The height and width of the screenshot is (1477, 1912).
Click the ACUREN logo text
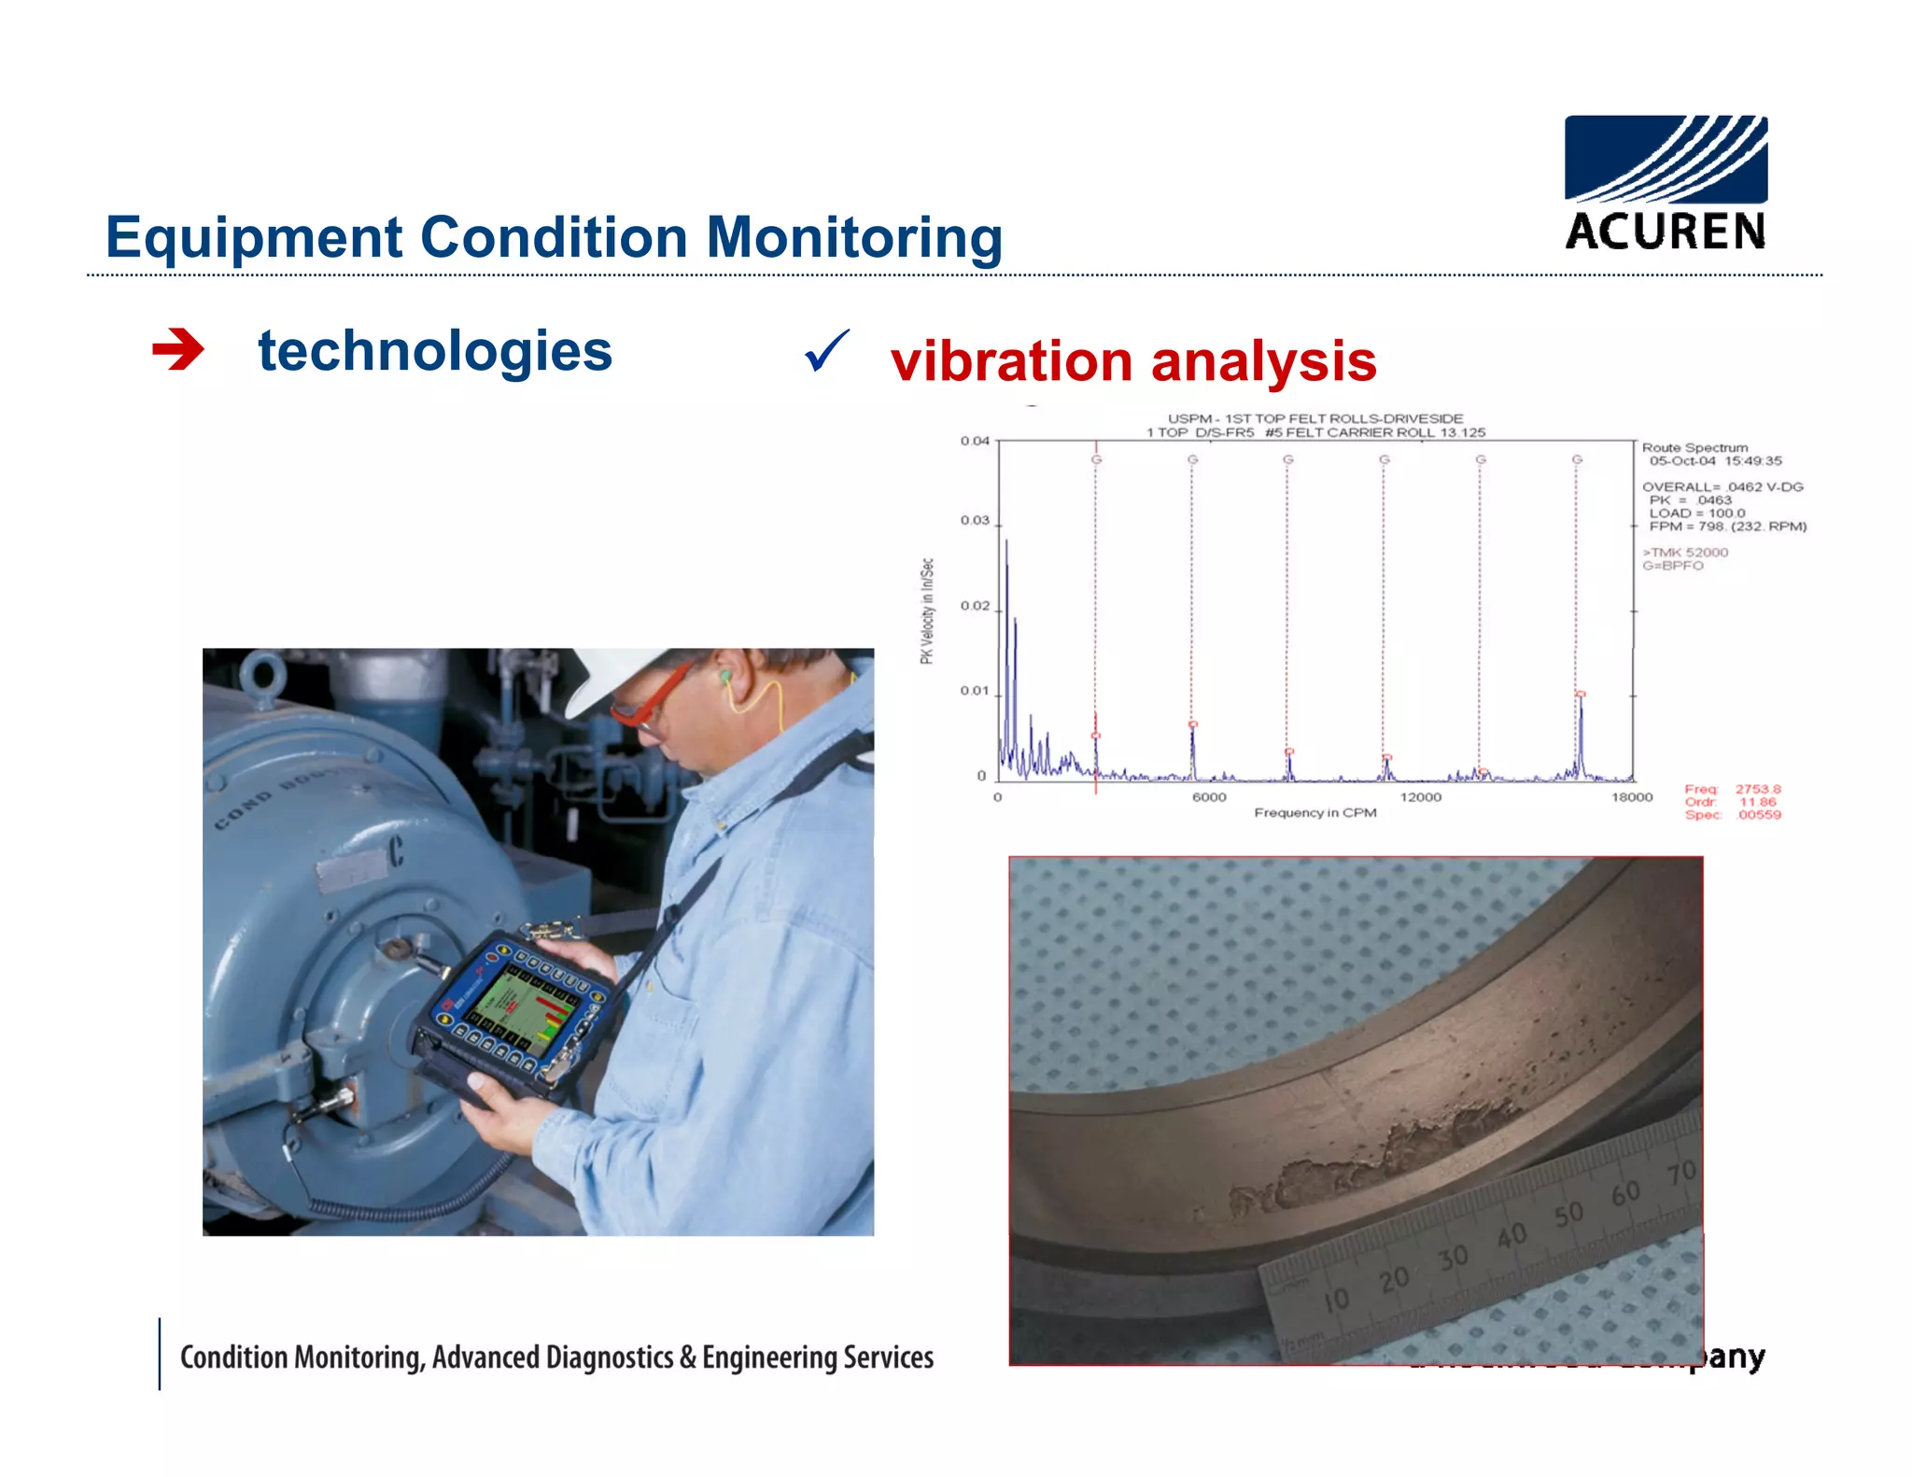1665,232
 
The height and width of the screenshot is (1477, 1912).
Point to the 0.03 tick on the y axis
975,520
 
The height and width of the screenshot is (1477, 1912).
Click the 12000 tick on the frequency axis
1420,797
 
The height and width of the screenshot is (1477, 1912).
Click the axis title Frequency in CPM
1314,813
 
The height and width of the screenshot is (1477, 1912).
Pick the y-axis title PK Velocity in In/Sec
926,612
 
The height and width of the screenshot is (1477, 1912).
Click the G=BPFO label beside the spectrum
1673,566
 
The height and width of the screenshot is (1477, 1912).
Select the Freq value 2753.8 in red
1757,789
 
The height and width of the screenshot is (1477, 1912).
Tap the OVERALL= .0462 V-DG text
1722,486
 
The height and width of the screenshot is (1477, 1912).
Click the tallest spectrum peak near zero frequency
1005,551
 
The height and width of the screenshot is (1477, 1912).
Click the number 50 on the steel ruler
1568,1213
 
